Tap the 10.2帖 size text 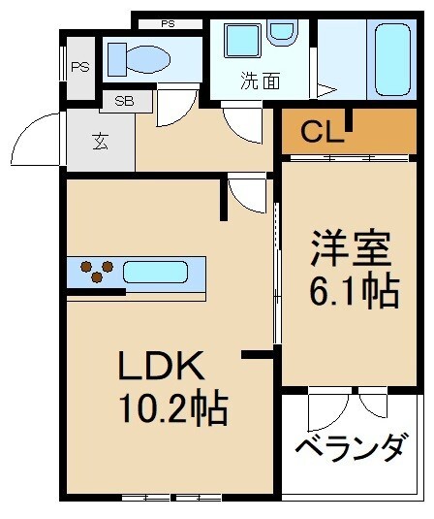click(173, 408)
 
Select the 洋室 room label click(351, 249)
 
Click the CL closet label click(322, 134)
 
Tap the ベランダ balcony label click(350, 448)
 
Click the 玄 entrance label click(100, 142)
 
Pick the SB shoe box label click(125, 100)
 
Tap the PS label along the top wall click(169, 23)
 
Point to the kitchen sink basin click(155, 272)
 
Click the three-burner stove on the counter click(94, 271)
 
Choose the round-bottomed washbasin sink click(282, 32)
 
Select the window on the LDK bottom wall click(170, 498)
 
